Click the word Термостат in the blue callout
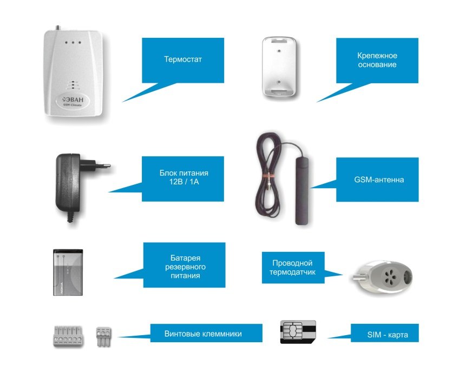182,59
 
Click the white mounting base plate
279,66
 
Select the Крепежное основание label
377,60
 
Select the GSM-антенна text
377,179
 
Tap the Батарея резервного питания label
184,267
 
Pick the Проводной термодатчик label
293,267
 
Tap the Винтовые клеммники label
203,334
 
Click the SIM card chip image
292,331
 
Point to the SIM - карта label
384,335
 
